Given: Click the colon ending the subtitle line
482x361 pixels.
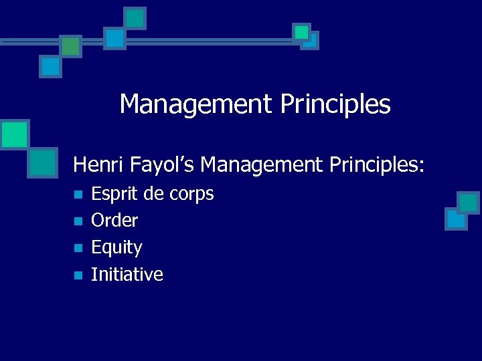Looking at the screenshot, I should tap(422, 166).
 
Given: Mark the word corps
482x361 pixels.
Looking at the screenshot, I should tap(191, 195).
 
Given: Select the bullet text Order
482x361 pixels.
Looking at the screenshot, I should tap(114, 221).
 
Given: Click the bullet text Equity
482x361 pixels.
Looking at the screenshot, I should tap(116, 248).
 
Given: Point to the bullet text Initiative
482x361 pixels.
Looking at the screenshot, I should tap(127, 274).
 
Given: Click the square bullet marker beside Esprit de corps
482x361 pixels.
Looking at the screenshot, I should tap(78, 195).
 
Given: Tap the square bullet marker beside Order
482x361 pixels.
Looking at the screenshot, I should tap(78, 221).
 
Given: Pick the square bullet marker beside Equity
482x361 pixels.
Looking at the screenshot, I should tap(78, 248).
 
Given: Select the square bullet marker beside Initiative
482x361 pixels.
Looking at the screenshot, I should tap(78, 275).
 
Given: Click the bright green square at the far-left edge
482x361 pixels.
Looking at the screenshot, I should tap(13, 134).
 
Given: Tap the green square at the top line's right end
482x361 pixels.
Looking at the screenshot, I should tap(302, 31).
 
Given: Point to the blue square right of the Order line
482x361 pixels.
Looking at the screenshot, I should tap(457, 219).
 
